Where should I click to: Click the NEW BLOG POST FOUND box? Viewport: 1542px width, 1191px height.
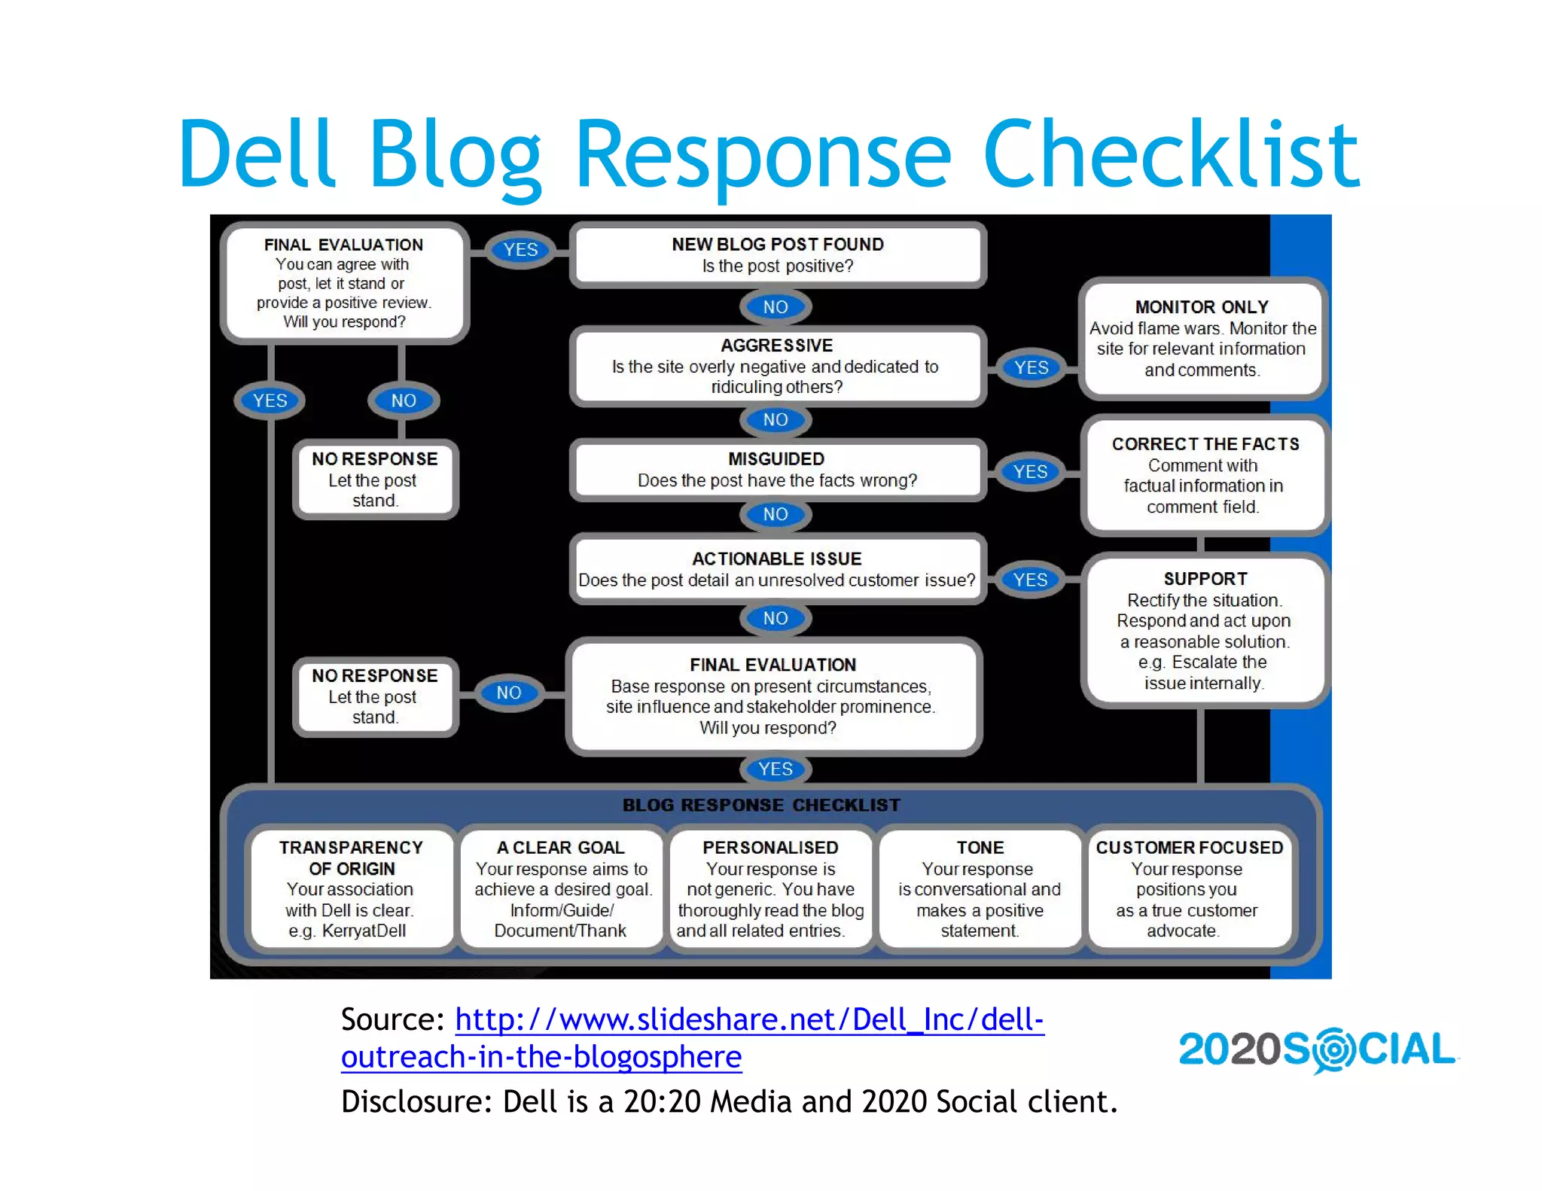[x=778, y=255]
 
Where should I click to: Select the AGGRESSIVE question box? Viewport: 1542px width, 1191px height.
[x=776, y=366]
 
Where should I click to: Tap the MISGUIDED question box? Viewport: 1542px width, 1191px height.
[x=777, y=470]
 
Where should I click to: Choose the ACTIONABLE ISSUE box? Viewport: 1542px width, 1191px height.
[x=776, y=569]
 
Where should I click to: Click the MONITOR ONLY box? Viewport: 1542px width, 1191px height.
[x=1202, y=339]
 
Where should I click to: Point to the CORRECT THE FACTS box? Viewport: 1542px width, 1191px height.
[x=1204, y=475]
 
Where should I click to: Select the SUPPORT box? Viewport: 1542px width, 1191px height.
[x=1204, y=630]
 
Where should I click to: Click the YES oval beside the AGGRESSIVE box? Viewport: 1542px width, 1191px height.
[x=1031, y=367]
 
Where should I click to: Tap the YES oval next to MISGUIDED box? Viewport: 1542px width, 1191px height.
[x=1030, y=471]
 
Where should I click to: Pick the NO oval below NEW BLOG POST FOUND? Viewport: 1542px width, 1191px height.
[x=776, y=307]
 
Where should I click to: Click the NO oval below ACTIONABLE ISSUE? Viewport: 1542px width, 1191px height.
[x=776, y=618]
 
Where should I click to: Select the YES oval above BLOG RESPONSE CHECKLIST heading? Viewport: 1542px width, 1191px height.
[x=776, y=769]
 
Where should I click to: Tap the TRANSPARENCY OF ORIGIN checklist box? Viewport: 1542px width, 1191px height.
[x=351, y=889]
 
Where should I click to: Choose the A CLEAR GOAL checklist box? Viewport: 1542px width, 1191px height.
[x=562, y=889]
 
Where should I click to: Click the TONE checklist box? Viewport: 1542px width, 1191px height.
[x=980, y=889]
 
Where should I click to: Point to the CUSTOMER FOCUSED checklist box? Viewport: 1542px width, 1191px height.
[x=1189, y=889]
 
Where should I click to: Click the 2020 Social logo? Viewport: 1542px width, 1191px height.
[x=1317, y=1049]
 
